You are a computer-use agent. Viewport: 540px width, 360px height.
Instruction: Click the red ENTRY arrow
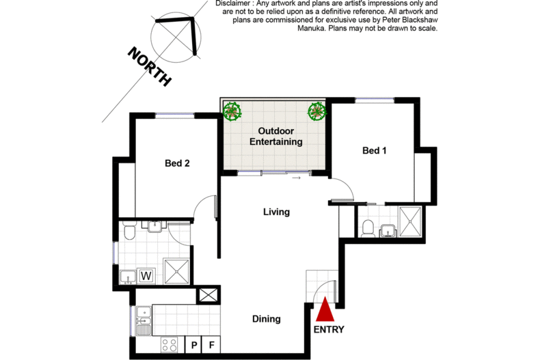click(x=325, y=309)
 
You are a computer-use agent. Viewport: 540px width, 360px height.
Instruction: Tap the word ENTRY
click(x=329, y=330)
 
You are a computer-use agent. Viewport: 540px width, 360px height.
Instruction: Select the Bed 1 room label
click(x=375, y=150)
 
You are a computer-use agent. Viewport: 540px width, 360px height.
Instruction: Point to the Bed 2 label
click(x=177, y=163)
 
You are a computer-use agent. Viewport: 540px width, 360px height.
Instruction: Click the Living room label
click(x=277, y=212)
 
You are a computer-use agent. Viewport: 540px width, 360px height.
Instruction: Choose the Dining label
click(x=267, y=319)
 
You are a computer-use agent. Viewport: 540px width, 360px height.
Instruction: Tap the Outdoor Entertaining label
click(x=276, y=137)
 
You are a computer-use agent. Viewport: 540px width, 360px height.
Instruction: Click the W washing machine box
click(x=146, y=276)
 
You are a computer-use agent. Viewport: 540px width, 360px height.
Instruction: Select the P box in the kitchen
click(x=194, y=344)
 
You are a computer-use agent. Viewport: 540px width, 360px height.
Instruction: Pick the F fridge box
click(x=211, y=344)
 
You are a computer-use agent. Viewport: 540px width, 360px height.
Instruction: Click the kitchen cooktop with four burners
click(x=170, y=344)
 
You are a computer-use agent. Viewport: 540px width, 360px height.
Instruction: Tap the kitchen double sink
click(x=144, y=321)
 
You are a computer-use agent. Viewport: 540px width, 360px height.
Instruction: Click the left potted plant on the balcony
click(x=232, y=111)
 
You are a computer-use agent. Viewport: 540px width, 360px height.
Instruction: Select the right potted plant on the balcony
click(x=316, y=111)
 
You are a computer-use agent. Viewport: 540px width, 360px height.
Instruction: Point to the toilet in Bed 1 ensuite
click(x=368, y=229)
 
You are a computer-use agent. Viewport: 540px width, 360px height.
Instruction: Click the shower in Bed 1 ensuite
click(x=410, y=221)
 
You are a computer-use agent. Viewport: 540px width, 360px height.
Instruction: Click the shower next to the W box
click(x=176, y=272)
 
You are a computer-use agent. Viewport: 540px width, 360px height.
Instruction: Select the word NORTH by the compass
click(x=150, y=66)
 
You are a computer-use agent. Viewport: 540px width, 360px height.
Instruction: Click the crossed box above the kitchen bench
click(x=208, y=295)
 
